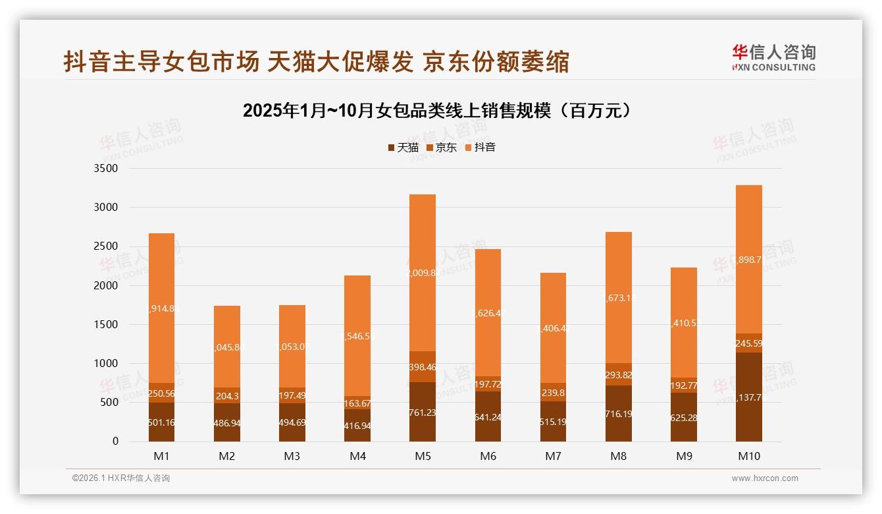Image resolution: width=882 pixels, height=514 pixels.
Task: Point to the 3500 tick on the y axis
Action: click(x=106, y=169)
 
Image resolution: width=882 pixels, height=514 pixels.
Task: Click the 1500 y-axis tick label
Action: click(x=106, y=324)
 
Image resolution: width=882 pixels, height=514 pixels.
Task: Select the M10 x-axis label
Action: click(x=748, y=456)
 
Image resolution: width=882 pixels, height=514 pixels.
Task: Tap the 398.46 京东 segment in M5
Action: click(x=422, y=367)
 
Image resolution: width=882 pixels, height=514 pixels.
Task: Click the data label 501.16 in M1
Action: click(x=161, y=422)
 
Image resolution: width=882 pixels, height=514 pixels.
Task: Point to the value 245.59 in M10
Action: click(x=749, y=343)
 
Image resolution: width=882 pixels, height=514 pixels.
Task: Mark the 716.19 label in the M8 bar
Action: click(x=619, y=414)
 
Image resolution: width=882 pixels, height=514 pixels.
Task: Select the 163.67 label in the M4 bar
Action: click(x=357, y=403)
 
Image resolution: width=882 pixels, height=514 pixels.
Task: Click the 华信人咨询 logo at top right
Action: click(x=773, y=58)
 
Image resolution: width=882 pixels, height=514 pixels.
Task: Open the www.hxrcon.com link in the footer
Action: click(x=765, y=478)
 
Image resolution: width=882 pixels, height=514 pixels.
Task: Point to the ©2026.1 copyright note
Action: click(x=121, y=478)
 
